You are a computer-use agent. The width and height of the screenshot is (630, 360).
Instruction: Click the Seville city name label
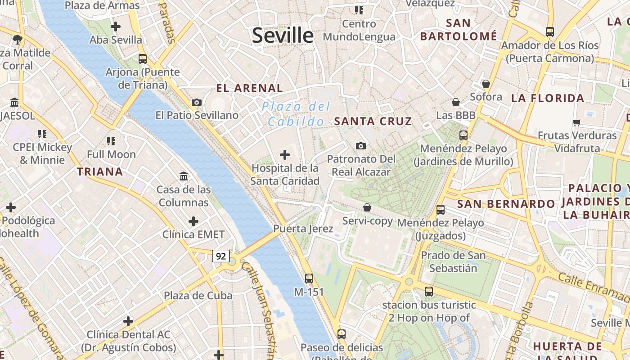283,36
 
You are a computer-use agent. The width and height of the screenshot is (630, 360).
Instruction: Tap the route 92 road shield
221,256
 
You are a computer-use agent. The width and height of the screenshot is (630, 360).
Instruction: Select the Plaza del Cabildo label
297,114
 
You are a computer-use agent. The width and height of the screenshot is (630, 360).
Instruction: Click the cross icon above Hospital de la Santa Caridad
285,155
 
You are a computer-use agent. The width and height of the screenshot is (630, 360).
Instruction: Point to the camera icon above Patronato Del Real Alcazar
361,146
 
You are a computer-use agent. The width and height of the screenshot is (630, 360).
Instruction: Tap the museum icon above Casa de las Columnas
184,176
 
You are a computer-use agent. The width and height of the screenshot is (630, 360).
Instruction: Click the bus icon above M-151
309,278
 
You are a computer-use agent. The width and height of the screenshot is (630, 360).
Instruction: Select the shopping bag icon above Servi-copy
367,207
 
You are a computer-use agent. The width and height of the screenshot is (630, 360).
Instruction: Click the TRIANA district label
100,171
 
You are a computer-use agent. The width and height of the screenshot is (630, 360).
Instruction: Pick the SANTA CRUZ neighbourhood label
373,121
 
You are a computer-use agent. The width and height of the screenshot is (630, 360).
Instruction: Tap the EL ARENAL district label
249,88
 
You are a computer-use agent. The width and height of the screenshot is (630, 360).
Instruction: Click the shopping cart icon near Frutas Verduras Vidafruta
577,122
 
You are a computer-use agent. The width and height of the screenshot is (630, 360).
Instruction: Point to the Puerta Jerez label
303,229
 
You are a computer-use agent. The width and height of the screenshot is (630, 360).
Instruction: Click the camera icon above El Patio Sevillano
196,102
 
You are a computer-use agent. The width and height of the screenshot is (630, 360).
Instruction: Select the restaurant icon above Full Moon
111,141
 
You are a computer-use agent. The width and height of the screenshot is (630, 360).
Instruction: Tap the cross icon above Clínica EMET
193,221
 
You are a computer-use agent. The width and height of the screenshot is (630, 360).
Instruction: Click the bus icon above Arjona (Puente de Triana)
143,59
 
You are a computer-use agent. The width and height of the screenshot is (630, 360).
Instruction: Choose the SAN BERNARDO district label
506,204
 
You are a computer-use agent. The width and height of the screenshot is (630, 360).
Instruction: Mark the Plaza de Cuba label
198,296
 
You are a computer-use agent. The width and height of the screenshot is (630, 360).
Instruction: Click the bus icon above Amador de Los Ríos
550,32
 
